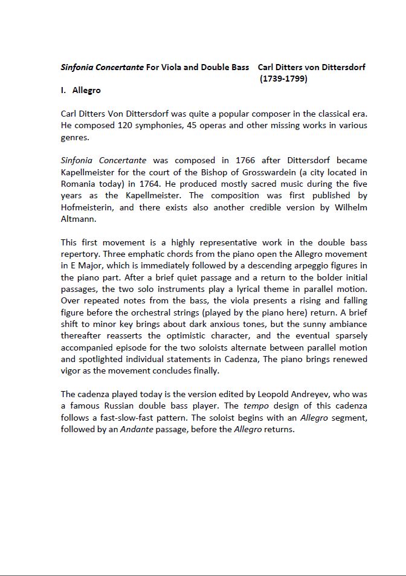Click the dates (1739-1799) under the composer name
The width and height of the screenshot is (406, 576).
point(283,79)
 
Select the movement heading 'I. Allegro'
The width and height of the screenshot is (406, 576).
point(81,91)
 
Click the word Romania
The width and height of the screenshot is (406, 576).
point(82,184)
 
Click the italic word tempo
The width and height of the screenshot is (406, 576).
point(256,406)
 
